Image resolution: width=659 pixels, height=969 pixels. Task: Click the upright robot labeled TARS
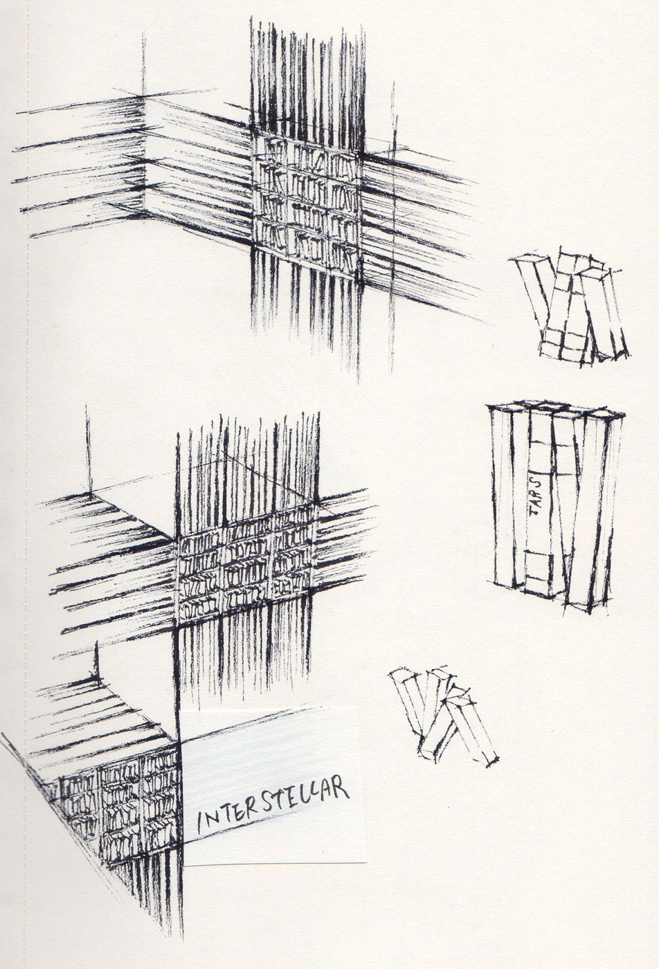[x=555, y=505]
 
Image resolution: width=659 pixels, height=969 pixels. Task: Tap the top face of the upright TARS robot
[x=556, y=410]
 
